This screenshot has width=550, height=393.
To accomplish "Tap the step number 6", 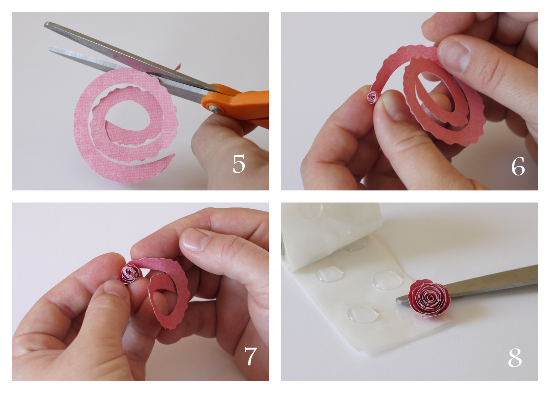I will tap(518, 166).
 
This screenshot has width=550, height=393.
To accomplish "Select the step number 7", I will tap(251, 356).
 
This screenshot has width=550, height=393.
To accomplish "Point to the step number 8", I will tap(515, 358).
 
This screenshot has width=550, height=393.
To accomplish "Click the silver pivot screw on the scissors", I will tap(216, 109).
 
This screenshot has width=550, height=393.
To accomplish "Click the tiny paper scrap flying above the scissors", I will tap(178, 66).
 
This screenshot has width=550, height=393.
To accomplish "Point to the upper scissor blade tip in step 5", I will tap(47, 24).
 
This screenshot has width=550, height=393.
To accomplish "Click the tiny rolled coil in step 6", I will tap(372, 97).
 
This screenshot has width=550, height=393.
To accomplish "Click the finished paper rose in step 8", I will tap(429, 297).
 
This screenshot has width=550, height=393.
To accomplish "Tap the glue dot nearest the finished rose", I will tap(388, 280).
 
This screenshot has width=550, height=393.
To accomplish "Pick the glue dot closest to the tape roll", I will tap(356, 244).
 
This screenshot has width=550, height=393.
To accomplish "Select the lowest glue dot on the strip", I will tap(362, 314).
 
